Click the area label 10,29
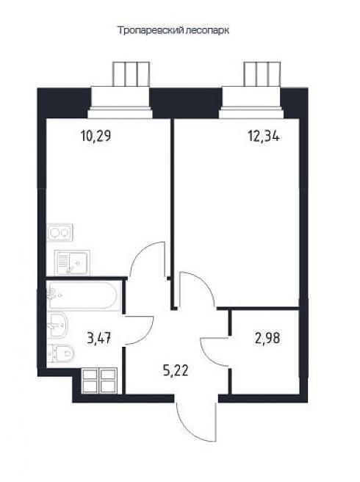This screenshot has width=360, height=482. point(96,136)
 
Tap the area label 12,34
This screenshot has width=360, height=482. point(264,136)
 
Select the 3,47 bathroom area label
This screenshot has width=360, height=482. point(98,339)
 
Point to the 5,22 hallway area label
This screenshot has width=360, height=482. point(176,371)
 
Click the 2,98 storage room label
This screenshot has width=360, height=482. point(267,339)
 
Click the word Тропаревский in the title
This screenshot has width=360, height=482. point(151,31)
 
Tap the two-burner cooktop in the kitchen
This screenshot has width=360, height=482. point(60,233)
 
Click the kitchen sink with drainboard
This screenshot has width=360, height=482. point(72,262)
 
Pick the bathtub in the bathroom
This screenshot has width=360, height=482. point(83,295)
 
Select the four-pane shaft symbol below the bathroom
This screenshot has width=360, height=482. point(99,381)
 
